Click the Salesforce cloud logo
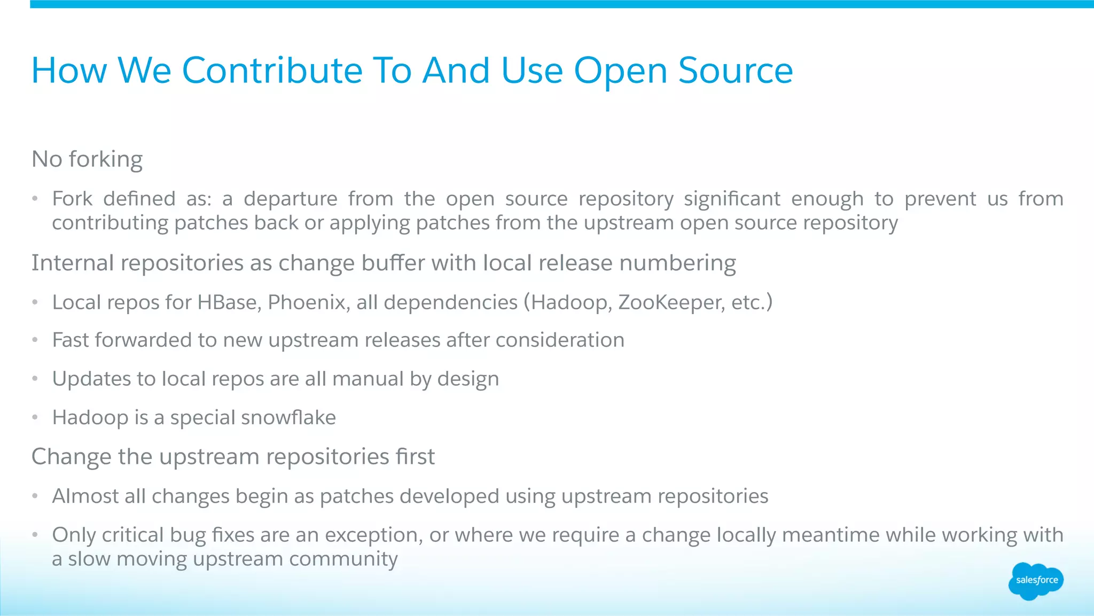1036,581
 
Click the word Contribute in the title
272,71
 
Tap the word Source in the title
736,71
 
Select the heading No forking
87,159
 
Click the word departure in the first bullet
291,199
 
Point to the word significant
732,199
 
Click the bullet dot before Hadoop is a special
35,418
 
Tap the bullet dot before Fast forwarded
35,340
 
